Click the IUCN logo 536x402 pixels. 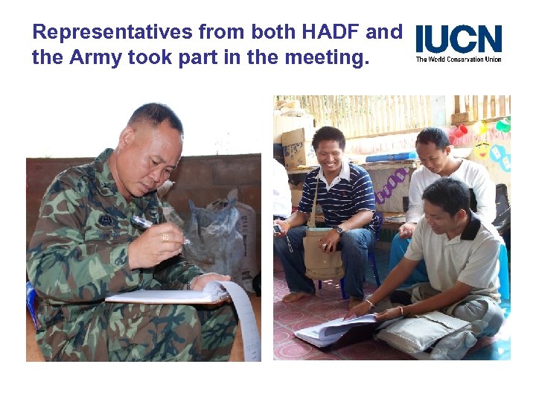[x=459, y=39]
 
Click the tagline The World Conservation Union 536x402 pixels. [x=459, y=59]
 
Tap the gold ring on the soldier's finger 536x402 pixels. [x=165, y=237]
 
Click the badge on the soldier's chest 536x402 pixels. [x=106, y=221]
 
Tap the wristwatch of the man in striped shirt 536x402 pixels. [x=339, y=230]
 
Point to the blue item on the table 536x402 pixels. [x=392, y=157]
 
